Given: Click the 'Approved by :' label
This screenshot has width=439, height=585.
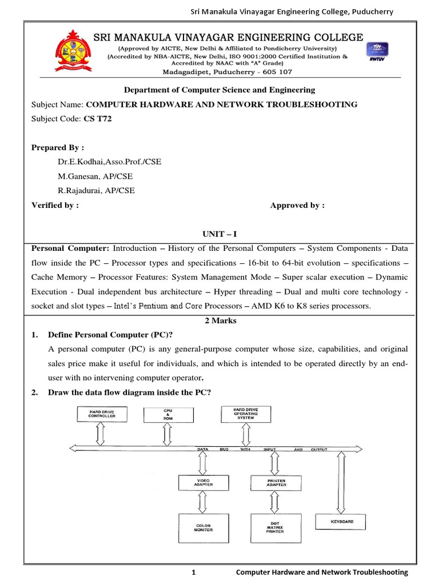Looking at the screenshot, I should pos(297,206).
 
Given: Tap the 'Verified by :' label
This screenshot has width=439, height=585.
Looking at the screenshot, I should pos(55,206).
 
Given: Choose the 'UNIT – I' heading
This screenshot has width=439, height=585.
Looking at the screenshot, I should pos(219,235).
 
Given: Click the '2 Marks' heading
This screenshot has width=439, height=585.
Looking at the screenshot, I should pos(220,320).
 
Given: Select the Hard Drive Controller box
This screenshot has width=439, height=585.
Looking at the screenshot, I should pos(102,414).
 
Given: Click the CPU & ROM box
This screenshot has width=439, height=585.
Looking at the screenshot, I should pos(168,414).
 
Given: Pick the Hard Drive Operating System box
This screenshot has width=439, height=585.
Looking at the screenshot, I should pos(245,414).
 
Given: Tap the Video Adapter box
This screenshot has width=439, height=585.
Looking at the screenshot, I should pos(204,483).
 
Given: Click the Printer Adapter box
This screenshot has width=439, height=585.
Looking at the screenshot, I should pos(276,483).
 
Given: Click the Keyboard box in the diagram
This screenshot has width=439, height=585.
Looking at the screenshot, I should pos(342,522).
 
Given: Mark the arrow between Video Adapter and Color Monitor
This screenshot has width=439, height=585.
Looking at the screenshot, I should pos(204,502).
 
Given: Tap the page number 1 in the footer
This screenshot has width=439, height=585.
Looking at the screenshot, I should pos(194,572).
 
